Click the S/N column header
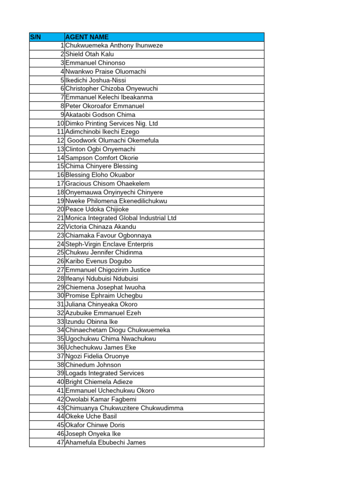click(36, 37)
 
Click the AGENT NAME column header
click(87, 37)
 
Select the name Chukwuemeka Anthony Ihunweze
click(114, 45)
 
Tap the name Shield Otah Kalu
click(90, 54)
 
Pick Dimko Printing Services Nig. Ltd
click(112, 123)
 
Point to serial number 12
click(60, 140)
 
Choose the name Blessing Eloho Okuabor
click(100, 175)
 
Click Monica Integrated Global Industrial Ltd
click(121, 218)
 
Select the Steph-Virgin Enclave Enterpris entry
click(109, 244)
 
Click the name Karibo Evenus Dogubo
click(98, 261)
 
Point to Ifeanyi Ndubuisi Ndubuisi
click(102, 278)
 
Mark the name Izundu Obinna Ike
click(91, 322)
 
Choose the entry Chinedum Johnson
click(93, 365)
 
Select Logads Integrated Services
click(105, 373)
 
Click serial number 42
click(60, 399)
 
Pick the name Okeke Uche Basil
click(91, 416)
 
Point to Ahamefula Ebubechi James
click(105, 442)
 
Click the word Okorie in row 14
click(129, 158)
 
